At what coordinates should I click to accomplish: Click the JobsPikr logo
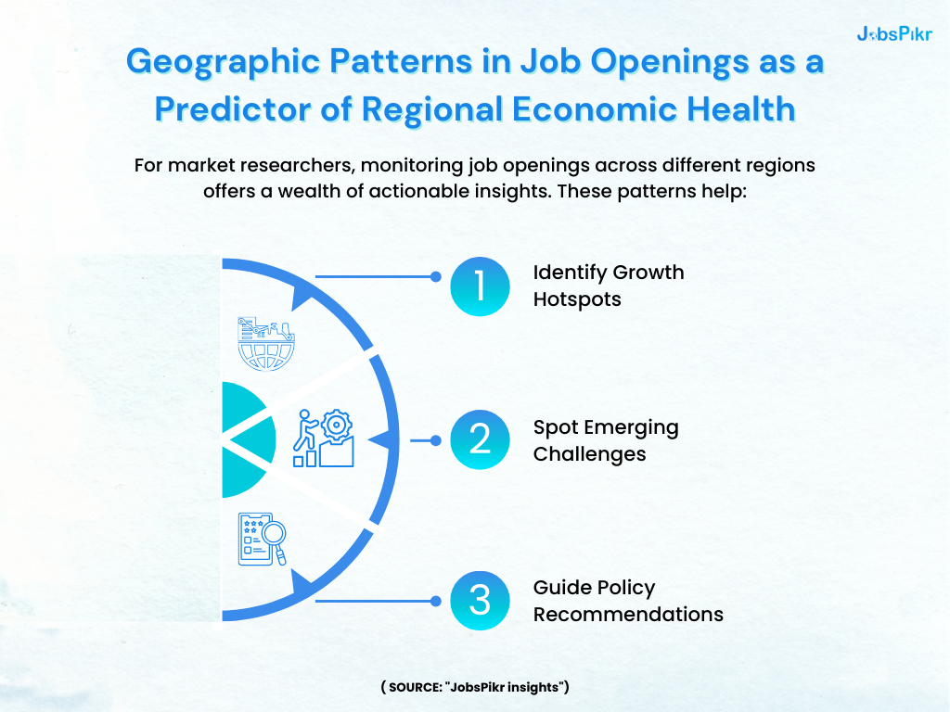tap(894, 34)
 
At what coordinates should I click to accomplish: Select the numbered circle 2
tap(480, 439)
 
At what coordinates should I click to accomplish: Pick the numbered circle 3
tap(480, 600)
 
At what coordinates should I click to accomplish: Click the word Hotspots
tap(577, 300)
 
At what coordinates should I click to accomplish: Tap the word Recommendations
tap(628, 614)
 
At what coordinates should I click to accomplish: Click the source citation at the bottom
tap(474, 687)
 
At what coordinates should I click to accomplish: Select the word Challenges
tap(589, 454)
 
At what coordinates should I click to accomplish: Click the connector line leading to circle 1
tap(375, 276)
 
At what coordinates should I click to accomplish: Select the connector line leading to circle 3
tap(375, 601)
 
